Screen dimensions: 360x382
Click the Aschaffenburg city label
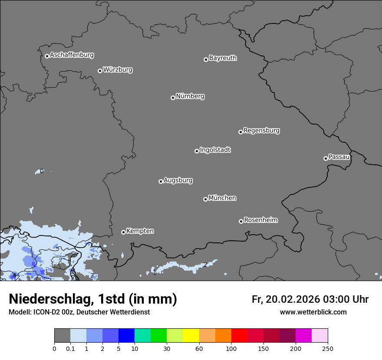72,55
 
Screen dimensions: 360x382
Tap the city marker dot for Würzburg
100,71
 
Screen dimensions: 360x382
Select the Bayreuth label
223,58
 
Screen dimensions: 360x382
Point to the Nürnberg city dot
173,98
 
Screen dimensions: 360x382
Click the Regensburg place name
261,131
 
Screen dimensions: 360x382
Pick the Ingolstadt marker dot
197,151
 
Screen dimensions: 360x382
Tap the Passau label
339,157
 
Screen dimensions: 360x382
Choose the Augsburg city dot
161,181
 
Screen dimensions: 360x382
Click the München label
222,198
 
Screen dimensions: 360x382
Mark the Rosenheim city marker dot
241,221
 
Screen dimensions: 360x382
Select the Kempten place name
140,231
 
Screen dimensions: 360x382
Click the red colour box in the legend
239,336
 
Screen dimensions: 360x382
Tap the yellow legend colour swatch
191,336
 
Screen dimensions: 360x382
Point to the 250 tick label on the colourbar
328,349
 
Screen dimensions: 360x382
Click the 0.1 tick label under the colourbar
70,349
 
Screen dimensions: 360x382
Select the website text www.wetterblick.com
313,312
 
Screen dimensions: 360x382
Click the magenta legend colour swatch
303,336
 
